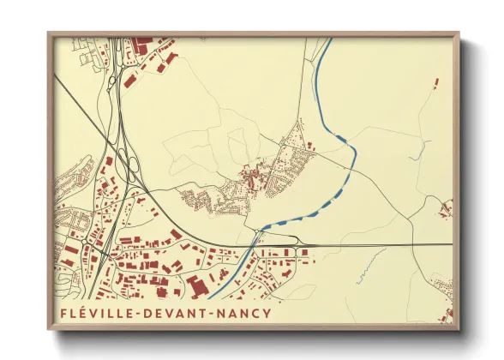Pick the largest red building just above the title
point(197,285)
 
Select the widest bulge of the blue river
point(339,136)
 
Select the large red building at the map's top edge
point(142,42)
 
